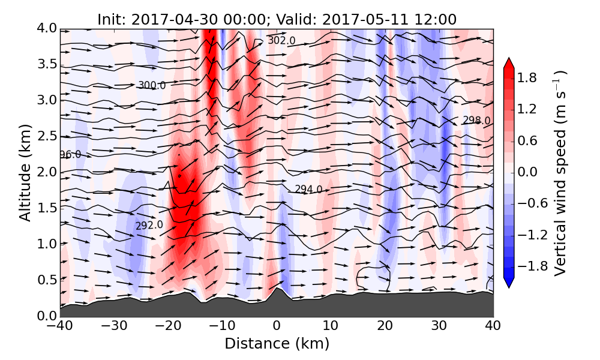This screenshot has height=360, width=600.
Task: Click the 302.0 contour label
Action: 281,40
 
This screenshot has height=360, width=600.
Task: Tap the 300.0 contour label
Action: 152,85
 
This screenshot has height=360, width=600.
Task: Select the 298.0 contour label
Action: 476,121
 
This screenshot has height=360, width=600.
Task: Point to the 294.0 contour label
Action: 308,189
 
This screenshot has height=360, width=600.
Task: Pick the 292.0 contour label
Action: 149,226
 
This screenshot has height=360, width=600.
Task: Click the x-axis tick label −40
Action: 60,327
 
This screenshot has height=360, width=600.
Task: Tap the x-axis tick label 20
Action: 385,327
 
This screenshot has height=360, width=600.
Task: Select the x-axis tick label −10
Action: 223,327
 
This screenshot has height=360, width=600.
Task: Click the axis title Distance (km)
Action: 277,344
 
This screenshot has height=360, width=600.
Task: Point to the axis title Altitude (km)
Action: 25,172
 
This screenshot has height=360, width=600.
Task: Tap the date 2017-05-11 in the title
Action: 356,19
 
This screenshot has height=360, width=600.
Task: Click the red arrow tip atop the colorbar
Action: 508,62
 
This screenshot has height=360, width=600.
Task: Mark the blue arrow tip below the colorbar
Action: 508,283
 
